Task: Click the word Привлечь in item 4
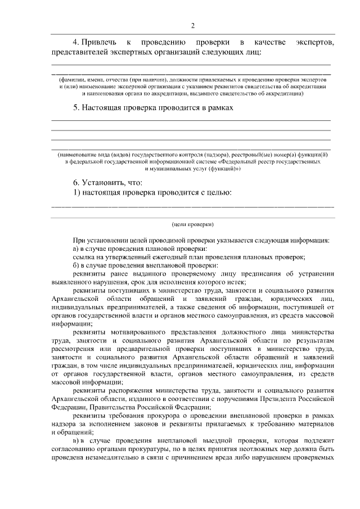coord(100,43)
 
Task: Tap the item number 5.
coord(75,106)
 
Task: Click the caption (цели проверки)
coord(192,224)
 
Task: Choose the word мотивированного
coord(137,332)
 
